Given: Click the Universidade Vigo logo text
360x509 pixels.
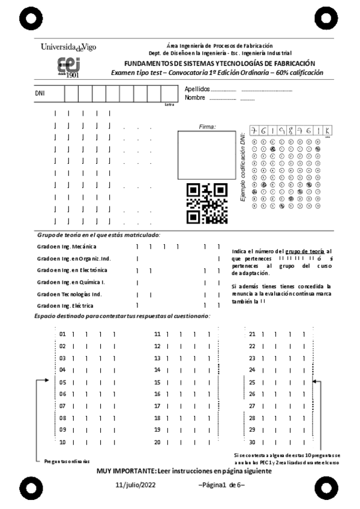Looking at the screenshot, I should coord(68,47).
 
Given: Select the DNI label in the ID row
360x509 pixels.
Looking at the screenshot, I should coord(40,94).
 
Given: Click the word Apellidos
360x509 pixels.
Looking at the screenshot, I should coord(197,89).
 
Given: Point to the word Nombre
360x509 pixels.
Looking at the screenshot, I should coord(195,98).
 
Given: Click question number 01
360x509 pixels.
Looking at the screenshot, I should coord(62,334).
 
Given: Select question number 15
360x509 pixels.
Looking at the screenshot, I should coord(158,382).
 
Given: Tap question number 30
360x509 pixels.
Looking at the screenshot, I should coord(252,442).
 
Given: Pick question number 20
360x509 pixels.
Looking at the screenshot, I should coord(158,442).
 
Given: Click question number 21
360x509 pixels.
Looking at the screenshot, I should coord(252,334).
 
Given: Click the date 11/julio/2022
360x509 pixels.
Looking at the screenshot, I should coord(136,484).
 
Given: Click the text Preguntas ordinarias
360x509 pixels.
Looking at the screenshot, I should coord(67,461).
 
